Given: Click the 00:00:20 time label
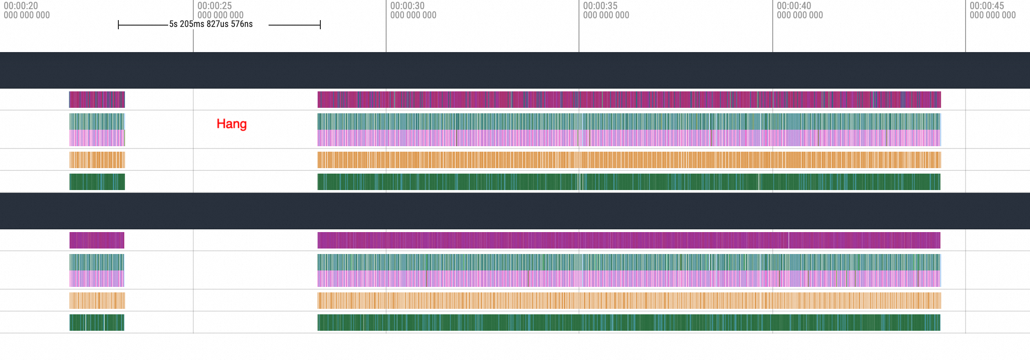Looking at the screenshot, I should pos(21,6).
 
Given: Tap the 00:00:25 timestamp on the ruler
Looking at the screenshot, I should pos(215,6).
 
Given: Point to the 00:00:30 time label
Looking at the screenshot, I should pos(408,6).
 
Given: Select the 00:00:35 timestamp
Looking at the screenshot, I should pos(600,6).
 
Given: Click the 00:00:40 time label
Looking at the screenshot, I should pos(794,6).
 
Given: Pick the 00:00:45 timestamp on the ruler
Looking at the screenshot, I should pos(987,6).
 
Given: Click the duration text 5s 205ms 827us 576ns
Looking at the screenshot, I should pos(211,24).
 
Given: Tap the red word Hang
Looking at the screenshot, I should pos(232,124).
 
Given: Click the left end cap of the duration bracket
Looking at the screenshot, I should pos(118,25).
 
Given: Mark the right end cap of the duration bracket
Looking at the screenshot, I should pos(320,25).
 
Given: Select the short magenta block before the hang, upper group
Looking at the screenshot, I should pos(97,100).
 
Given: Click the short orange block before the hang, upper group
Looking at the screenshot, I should pos(97,160).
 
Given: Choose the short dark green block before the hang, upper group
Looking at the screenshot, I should pos(97,182).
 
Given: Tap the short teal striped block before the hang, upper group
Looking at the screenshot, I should pos(97,122).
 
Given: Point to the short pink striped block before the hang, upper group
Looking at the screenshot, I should pos(97,138).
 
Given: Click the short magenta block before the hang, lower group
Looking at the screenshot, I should pos(97,240).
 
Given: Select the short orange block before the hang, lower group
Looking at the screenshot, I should pos(97,301).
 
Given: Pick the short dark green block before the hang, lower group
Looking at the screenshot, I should pos(97,323).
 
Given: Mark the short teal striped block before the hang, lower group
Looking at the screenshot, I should pos(97,262).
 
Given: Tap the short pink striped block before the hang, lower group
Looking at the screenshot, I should pos(97,279).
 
